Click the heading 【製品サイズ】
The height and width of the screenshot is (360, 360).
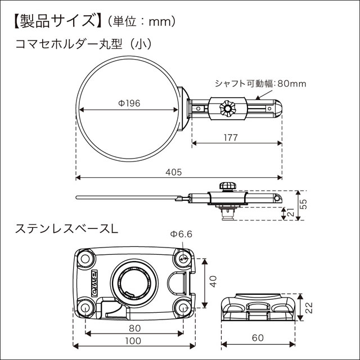coord(53,21)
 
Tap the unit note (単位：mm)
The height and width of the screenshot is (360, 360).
coord(138,22)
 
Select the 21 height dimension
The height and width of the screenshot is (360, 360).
coord(290,213)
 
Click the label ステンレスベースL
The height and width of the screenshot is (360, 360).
coord(67,229)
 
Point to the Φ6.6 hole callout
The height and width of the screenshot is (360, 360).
coord(182,234)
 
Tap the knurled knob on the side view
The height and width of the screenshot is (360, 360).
coord(227,186)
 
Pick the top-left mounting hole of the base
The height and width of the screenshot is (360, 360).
coord(85,258)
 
